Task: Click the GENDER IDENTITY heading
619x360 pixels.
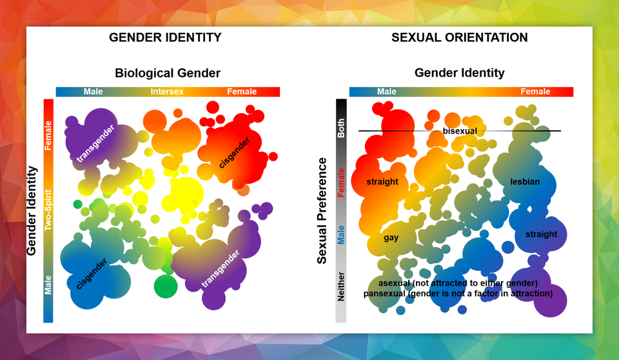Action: coord(165,37)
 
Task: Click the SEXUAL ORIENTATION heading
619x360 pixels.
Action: coord(460,37)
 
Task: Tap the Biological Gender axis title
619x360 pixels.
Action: coord(168,73)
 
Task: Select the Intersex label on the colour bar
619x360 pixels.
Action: coord(167,92)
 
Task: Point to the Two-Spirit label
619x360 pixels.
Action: coord(48,210)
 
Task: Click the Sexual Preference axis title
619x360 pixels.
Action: coord(322,210)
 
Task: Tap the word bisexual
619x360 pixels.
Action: coord(460,131)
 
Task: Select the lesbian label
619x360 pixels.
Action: coord(525,182)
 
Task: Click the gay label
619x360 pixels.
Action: coord(391,238)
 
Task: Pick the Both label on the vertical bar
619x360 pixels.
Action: coord(341,128)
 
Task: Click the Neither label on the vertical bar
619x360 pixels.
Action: coord(341,286)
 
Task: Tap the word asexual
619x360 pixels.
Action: coord(395,283)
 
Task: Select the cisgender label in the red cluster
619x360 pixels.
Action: coord(235,153)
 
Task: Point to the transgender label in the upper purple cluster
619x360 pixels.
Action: coord(95,143)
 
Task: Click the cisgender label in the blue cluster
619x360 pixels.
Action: coord(92,274)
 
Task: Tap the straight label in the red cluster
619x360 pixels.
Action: coord(382,182)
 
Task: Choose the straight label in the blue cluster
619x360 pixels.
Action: coord(541,234)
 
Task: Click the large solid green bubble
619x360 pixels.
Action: coord(166,286)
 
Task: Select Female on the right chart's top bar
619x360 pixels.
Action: coord(535,92)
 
